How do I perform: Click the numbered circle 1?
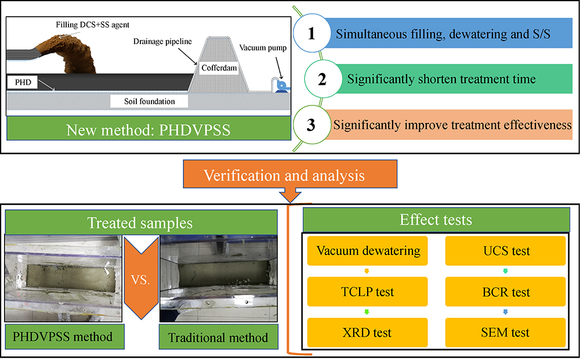click(x=311, y=34)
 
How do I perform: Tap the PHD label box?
click(x=22, y=82)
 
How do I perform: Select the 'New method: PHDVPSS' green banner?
click(x=149, y=130)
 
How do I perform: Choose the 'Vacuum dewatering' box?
click(x=368, y=252)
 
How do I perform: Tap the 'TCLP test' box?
click(x=368, y=292)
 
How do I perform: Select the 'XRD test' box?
click(x=368, y=332)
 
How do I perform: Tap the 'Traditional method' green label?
click(x=217, y=337)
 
